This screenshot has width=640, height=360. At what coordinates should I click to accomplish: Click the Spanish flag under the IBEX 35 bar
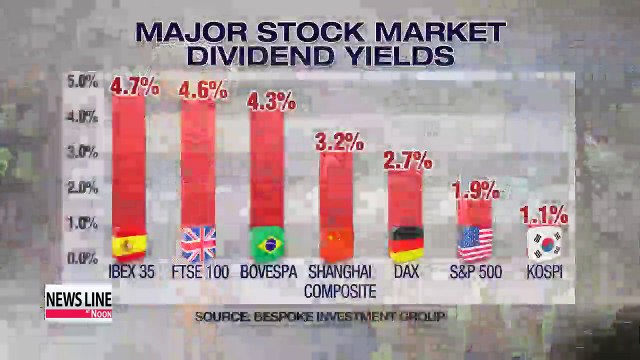[128, 243]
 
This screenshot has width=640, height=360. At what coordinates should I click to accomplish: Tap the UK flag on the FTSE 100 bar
[197, 243]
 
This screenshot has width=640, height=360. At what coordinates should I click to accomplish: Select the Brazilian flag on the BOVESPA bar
[266, 243]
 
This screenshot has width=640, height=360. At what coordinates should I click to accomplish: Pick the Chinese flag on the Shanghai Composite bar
[337, 243]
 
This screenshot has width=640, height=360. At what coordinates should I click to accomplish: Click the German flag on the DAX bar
[406, 243]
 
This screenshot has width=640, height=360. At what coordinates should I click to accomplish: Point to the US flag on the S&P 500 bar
[475, 243]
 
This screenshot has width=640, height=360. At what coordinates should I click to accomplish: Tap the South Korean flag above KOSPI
[545, 243]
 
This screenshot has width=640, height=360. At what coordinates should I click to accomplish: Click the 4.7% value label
[134, 86]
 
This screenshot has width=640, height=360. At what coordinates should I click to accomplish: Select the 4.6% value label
[203, 89]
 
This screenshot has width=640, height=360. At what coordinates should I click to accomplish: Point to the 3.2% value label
[339, 141]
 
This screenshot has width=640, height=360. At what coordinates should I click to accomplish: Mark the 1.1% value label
[544, 214]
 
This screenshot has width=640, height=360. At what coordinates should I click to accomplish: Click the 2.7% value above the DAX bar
[407, 160]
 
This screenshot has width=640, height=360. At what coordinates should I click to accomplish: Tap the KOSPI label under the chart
[544, 271]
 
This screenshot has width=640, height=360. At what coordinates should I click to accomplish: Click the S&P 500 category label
[475, 271]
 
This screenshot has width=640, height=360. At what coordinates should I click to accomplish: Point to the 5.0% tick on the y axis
[82, 81]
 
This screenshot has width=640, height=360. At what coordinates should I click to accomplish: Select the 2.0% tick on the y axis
[82, 187]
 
